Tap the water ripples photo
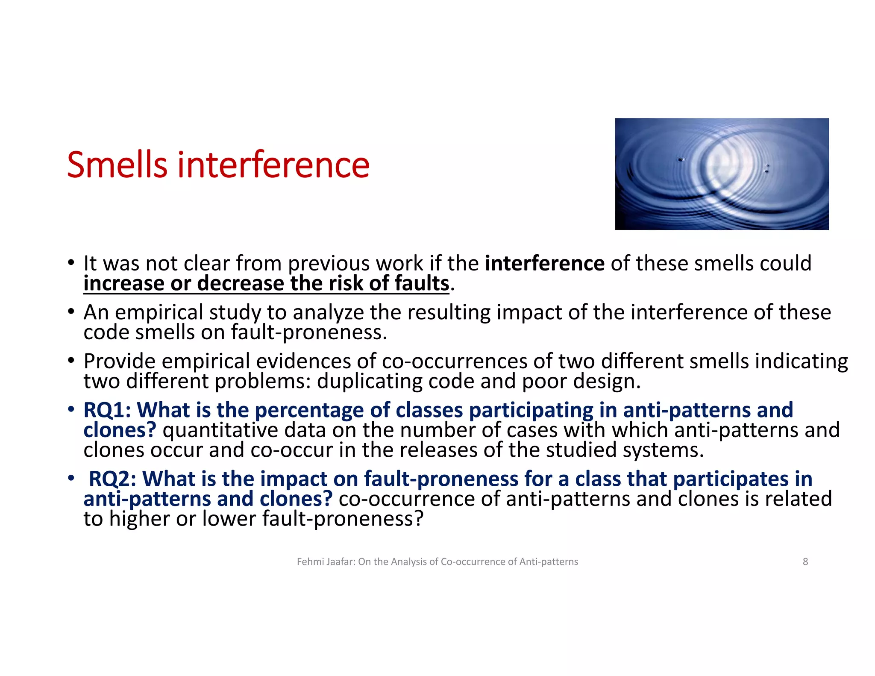click(x=722, y=174)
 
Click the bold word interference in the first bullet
click(x=544, y=263)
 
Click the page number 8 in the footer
click(x=805, y=561)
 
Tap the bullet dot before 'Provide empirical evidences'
click(x=71, y=361)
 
